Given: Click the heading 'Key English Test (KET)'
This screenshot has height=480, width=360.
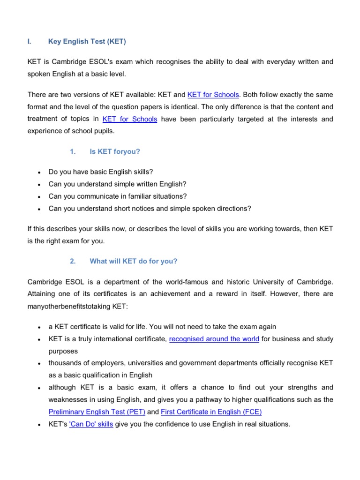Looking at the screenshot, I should [87, 41].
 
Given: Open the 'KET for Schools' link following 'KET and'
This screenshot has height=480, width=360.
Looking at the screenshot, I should [213, 94].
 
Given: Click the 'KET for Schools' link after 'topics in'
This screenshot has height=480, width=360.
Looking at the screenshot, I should [129, 119].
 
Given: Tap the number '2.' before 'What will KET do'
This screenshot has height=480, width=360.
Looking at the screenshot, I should [73, 262].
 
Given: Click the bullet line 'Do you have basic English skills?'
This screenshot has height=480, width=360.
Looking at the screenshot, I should [101, 172].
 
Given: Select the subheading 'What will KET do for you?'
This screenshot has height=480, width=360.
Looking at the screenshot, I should [134, 262].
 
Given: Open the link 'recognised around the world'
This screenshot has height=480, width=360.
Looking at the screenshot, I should [214, 339].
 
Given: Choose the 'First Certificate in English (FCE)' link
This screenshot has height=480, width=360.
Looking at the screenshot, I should [211, 412].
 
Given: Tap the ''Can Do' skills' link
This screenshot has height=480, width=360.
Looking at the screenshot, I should [91, 424].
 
